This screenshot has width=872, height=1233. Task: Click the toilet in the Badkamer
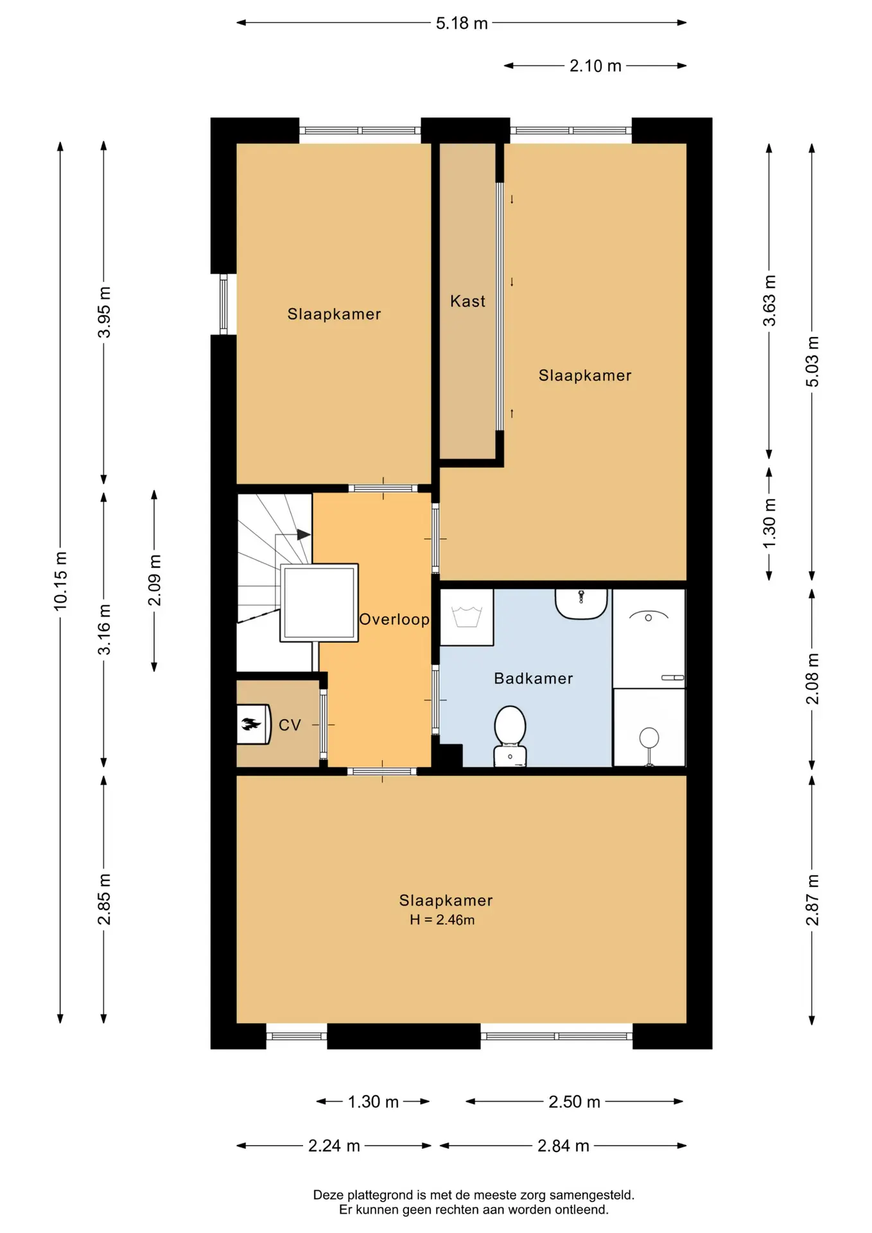pyautogui.click(x=510, y=736)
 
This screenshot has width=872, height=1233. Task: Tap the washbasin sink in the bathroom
pyautogui.click(x=581, y=604)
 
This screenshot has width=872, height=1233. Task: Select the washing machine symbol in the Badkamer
pyautogui.click(x=467, y=617)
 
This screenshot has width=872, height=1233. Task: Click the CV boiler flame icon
pyautogui.click(x=251, y=724)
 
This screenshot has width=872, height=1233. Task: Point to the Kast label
pyautogui.click(x=467, y=301)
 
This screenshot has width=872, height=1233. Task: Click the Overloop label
pyautogui.click(x=394, y=619)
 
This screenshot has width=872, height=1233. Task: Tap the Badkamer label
pyautogui.click(x=534, y=678)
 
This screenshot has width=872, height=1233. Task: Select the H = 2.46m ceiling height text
pyautogui.click(x=442, y=920)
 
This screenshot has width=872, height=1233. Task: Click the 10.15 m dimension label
pyautogui.click(x=60, y=581)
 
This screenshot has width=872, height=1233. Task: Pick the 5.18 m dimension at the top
pyautogui.click(x=462, y=23)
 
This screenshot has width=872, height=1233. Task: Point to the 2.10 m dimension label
pyautogui.click(x=595, y=66)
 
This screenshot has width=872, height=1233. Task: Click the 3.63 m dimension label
pyautogui.click(x=769, y=301)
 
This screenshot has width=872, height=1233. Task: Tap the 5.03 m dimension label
pyautogui.click(x=812, y=362)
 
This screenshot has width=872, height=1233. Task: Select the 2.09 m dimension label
pyautogui.click(x=155, y=581)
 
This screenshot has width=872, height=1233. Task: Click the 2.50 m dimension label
pyautogui.click(x=574, y=1102)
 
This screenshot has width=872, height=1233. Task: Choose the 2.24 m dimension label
pyautogui.click(x=334, y=1146)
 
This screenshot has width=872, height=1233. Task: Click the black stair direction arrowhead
pyautogui.click(x=304, y=534)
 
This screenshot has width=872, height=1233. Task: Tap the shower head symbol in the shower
pyautogui.click(x=649, y=737)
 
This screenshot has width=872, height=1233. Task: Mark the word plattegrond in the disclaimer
pyautogui.click(x=381, y=1195)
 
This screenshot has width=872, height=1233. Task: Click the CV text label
pyautogui.click(x=290, y=725)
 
